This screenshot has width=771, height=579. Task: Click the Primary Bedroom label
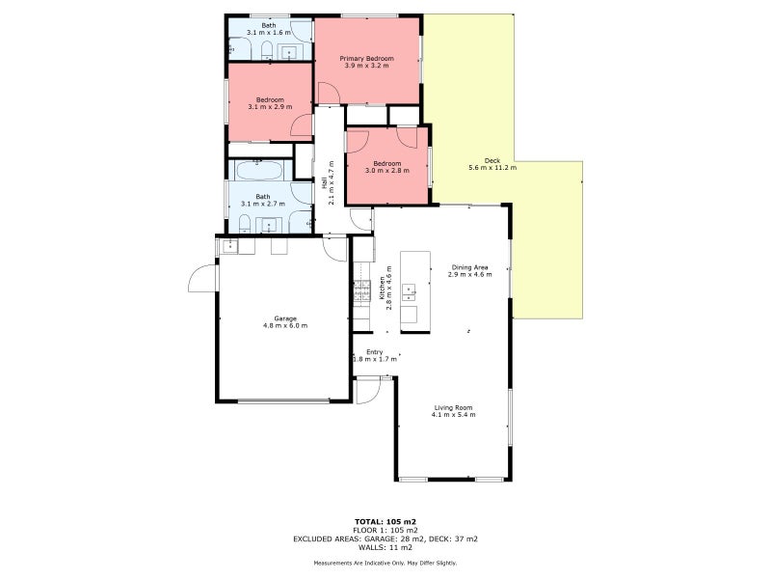pos(366,58)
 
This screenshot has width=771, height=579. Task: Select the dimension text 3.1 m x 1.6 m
pos(269,33)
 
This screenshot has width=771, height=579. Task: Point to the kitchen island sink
pos(410,288)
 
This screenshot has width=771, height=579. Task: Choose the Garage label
pos(284,318)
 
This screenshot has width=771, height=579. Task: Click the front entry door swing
pos(366,391)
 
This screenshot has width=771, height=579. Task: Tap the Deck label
pos(492,160)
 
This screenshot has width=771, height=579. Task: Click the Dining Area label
pos(470,267)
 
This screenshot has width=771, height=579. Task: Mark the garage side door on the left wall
pos(200,280)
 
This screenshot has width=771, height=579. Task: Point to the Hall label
pos(324,181)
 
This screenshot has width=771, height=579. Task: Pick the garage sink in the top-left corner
pos(230,246)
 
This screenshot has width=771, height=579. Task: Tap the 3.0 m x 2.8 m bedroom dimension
pos(387,171)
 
